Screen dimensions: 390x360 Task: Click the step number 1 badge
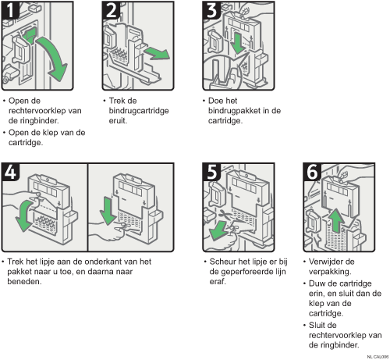pos(10,10)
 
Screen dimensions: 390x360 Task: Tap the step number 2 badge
pos(111,10)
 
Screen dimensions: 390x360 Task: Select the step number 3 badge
pos(211,10)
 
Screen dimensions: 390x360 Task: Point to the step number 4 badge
pos(10,172)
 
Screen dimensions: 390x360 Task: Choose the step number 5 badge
pos(211,172)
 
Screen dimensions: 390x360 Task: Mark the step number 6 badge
pos(312,172)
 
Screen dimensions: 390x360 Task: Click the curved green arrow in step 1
pos(56,56)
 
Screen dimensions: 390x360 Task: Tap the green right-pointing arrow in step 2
pos(158,53)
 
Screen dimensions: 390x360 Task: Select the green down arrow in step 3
pos(237,43)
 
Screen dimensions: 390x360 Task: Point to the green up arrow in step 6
pos(336,220)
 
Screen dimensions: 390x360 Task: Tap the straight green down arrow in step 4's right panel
pos(107,211)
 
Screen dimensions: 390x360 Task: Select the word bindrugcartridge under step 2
pos(139,111)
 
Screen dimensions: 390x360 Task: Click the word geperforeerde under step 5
pos(247,272)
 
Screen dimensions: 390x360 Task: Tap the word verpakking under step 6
pos(330,272)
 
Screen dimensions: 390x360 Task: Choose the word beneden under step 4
pos(24,282)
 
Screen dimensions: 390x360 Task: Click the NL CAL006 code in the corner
pos(378,357)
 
